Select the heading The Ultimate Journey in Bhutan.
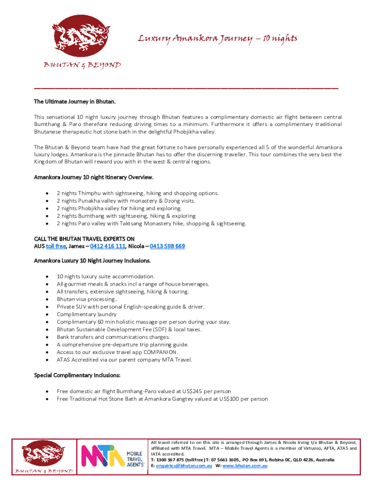(75, 102)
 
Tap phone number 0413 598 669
(167, 246)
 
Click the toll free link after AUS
(56, 246)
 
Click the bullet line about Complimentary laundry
(86, 314)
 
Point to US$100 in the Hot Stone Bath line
(228, 399)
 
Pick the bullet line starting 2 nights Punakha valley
(125, 201)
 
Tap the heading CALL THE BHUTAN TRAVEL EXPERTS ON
(84, 239)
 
